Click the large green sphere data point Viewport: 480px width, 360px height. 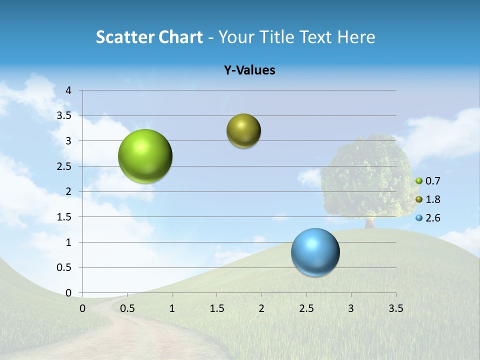pos(145,156)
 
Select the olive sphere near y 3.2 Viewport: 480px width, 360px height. pos(243,131)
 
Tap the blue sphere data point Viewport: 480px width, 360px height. pos(315,252)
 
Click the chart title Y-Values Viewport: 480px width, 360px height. pos(249,70)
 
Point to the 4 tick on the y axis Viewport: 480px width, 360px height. pos(68,90)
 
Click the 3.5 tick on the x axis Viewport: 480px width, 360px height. pos(395,308)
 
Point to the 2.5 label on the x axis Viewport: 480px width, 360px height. pos(306,308)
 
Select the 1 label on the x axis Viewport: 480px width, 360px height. pos(172,308)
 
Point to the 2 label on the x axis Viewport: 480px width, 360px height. pos(261,308)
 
